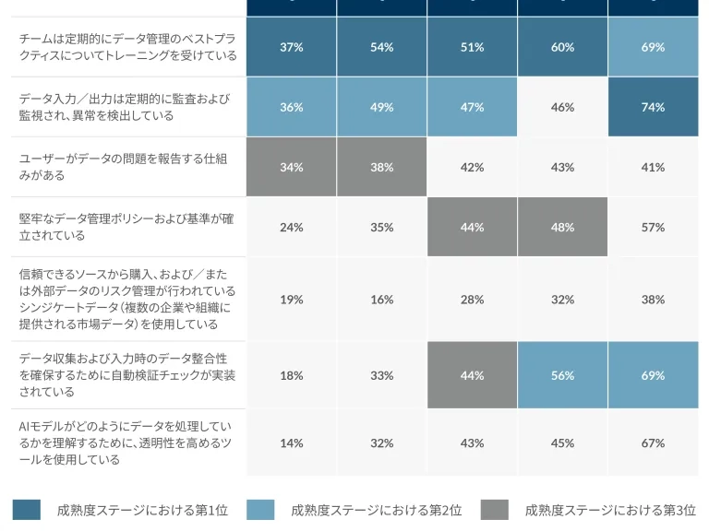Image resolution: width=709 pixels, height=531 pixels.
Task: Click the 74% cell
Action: [653, 107]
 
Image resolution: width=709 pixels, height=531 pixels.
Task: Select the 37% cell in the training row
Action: [291, 47]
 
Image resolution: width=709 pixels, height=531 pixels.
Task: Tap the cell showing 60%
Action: [562, 47]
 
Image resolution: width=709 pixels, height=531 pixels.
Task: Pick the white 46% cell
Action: [562, 107]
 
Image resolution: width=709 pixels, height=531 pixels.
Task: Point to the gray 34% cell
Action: [291, 167]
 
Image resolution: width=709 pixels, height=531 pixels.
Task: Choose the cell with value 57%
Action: [653, 227]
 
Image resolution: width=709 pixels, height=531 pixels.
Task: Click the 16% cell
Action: [381, 300]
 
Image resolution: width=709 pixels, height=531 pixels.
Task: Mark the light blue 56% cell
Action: [562, 375]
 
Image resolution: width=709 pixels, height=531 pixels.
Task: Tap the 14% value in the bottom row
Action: [291, 442]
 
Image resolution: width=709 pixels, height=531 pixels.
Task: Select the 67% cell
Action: [653, 442]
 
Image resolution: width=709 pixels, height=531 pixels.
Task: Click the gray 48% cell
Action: [562, 227]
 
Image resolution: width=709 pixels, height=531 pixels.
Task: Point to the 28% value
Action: [472, 300]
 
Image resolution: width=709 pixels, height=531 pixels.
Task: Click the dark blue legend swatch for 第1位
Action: [27, 510]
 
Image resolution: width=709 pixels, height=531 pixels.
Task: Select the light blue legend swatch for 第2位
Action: [260, 510]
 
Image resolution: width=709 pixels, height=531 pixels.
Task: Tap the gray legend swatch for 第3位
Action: [495, 510]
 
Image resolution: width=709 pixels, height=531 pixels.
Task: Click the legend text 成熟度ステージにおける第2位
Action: [377, 510]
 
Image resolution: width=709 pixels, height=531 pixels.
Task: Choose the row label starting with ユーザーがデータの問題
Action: [123, 167]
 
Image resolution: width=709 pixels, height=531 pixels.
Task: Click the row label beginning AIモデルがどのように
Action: [126, 442]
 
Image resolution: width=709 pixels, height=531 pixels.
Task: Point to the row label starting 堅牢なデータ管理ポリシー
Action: [126, 227]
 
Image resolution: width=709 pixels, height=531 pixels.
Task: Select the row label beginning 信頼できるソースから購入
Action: [127, 300]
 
